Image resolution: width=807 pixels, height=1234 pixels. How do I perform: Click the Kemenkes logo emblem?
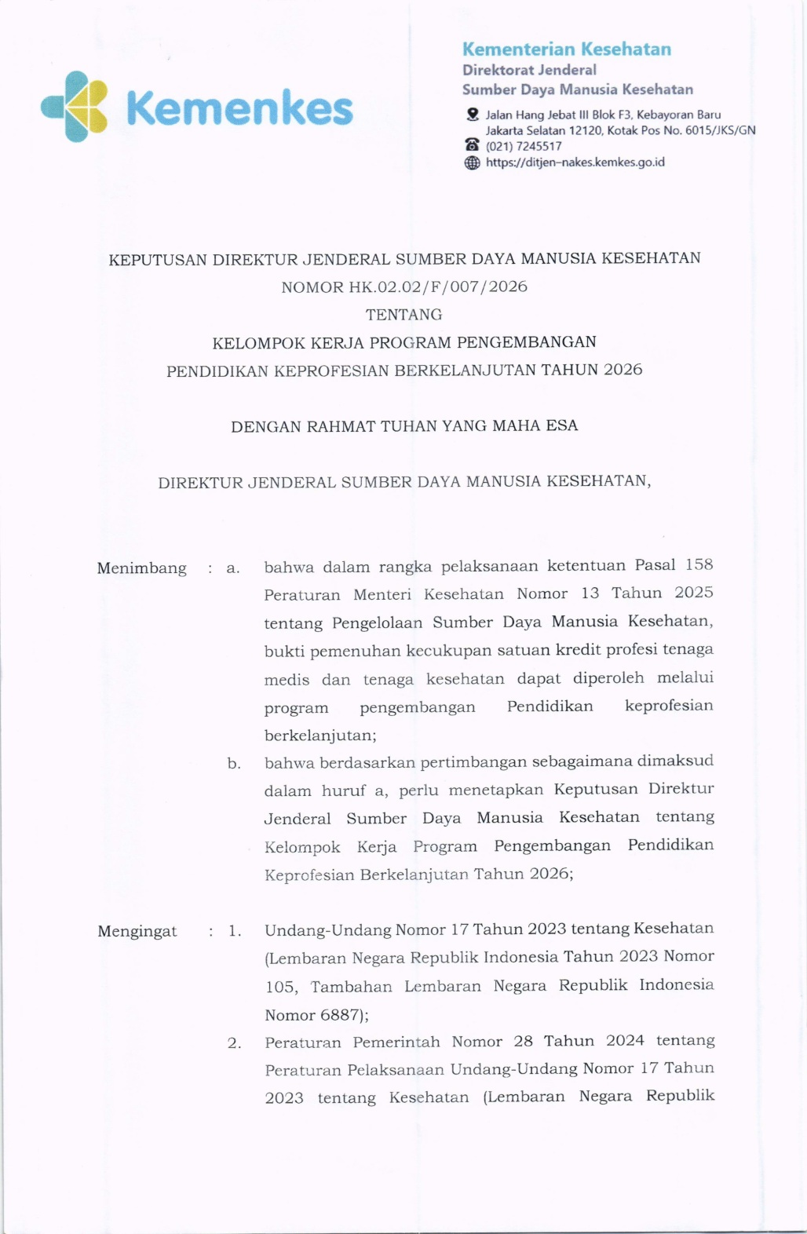click(75, 107)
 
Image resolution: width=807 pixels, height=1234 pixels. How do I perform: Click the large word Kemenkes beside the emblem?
click(239, 108)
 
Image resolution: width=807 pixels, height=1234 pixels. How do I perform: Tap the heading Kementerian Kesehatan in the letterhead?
click(566, 49)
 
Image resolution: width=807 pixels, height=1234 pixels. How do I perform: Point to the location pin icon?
click(472, 115)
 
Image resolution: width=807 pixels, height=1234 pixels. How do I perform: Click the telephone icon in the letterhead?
click(472, 145)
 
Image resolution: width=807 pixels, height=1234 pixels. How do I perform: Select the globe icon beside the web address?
click(472, 162)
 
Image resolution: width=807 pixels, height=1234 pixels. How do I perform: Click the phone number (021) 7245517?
click(524, 146)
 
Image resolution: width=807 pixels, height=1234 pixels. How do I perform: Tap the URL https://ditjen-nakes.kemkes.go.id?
click(575, 162)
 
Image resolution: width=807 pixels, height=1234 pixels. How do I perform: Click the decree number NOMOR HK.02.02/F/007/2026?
click(404, 287)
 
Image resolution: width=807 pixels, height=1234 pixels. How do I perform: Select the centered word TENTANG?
click(403, 315)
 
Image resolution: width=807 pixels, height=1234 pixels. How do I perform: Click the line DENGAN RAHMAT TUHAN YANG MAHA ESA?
click(404, 426)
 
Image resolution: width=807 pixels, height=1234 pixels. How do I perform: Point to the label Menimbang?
click(142, 568)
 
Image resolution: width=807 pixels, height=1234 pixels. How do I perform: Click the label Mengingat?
click(137, 932)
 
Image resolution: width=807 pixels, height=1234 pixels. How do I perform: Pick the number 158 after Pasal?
click(699, 564)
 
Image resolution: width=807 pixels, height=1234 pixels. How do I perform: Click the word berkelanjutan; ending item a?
click(320, 736)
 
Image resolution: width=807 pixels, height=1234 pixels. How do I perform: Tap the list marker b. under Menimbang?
click(234, 763)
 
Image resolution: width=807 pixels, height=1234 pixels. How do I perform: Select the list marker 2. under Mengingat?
click(234, 1043)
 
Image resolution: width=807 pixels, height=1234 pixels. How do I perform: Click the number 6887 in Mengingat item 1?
click(340, 1015)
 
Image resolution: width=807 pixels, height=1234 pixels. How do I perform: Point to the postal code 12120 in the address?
click(584, 130)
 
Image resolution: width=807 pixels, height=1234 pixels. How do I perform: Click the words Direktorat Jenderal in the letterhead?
click(529, 70)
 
